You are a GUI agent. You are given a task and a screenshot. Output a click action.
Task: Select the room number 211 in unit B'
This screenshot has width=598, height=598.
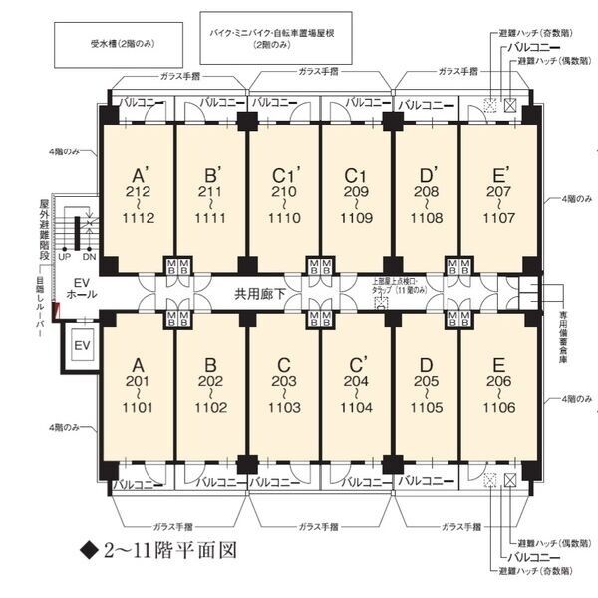pyautogui.click(x=211, y=191)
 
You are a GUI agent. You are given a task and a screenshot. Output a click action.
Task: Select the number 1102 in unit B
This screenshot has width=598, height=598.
pyautogui.click(x=211, y=407)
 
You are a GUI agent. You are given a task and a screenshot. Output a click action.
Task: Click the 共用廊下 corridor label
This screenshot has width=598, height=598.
pyautogui.click(x=261, y=293)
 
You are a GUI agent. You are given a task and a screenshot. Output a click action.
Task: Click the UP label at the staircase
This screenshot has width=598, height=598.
pyautogui.click(x=65, y=256)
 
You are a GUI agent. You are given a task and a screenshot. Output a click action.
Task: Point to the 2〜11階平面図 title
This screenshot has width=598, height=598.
pyautogui.click(x=164, y=549)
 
